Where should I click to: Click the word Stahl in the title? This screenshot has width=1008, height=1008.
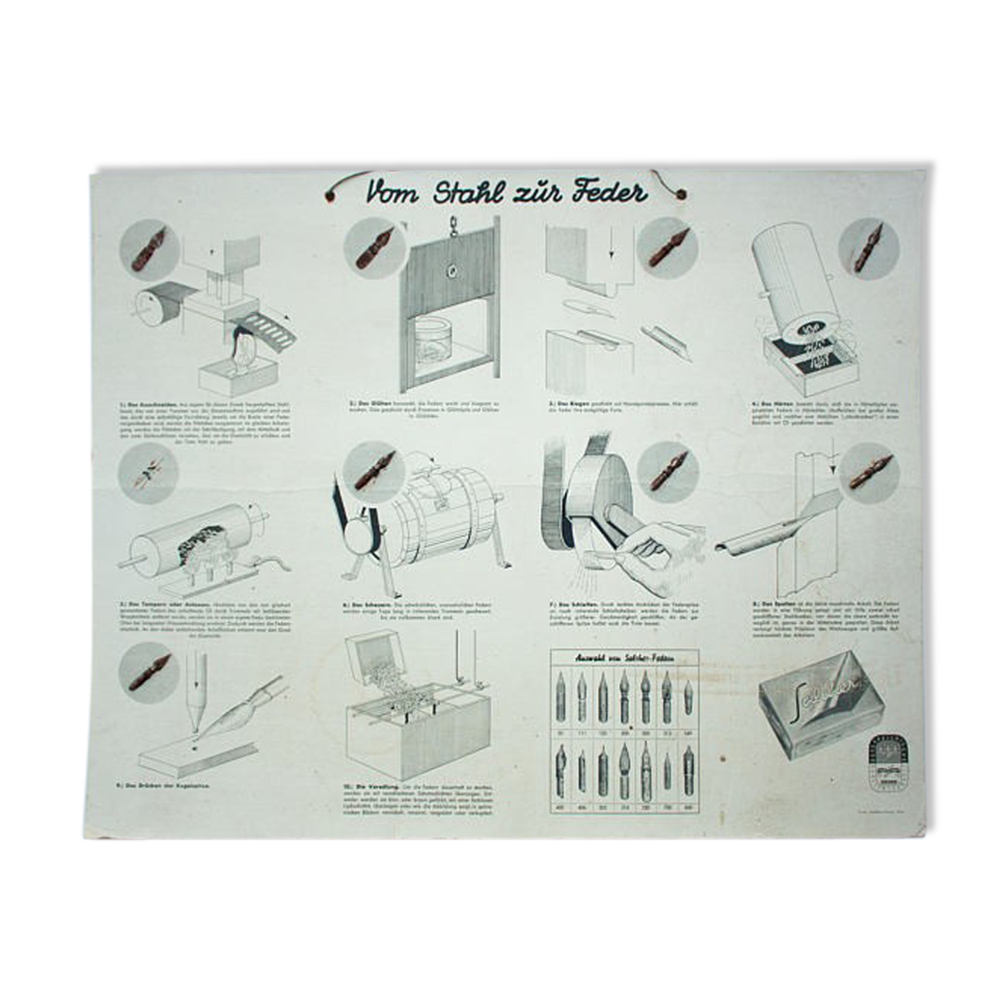pos(470,194)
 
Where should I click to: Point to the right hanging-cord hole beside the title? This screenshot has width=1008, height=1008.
pos(686,194)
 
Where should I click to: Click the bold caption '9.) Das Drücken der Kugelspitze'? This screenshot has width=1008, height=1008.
pos(165,787)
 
